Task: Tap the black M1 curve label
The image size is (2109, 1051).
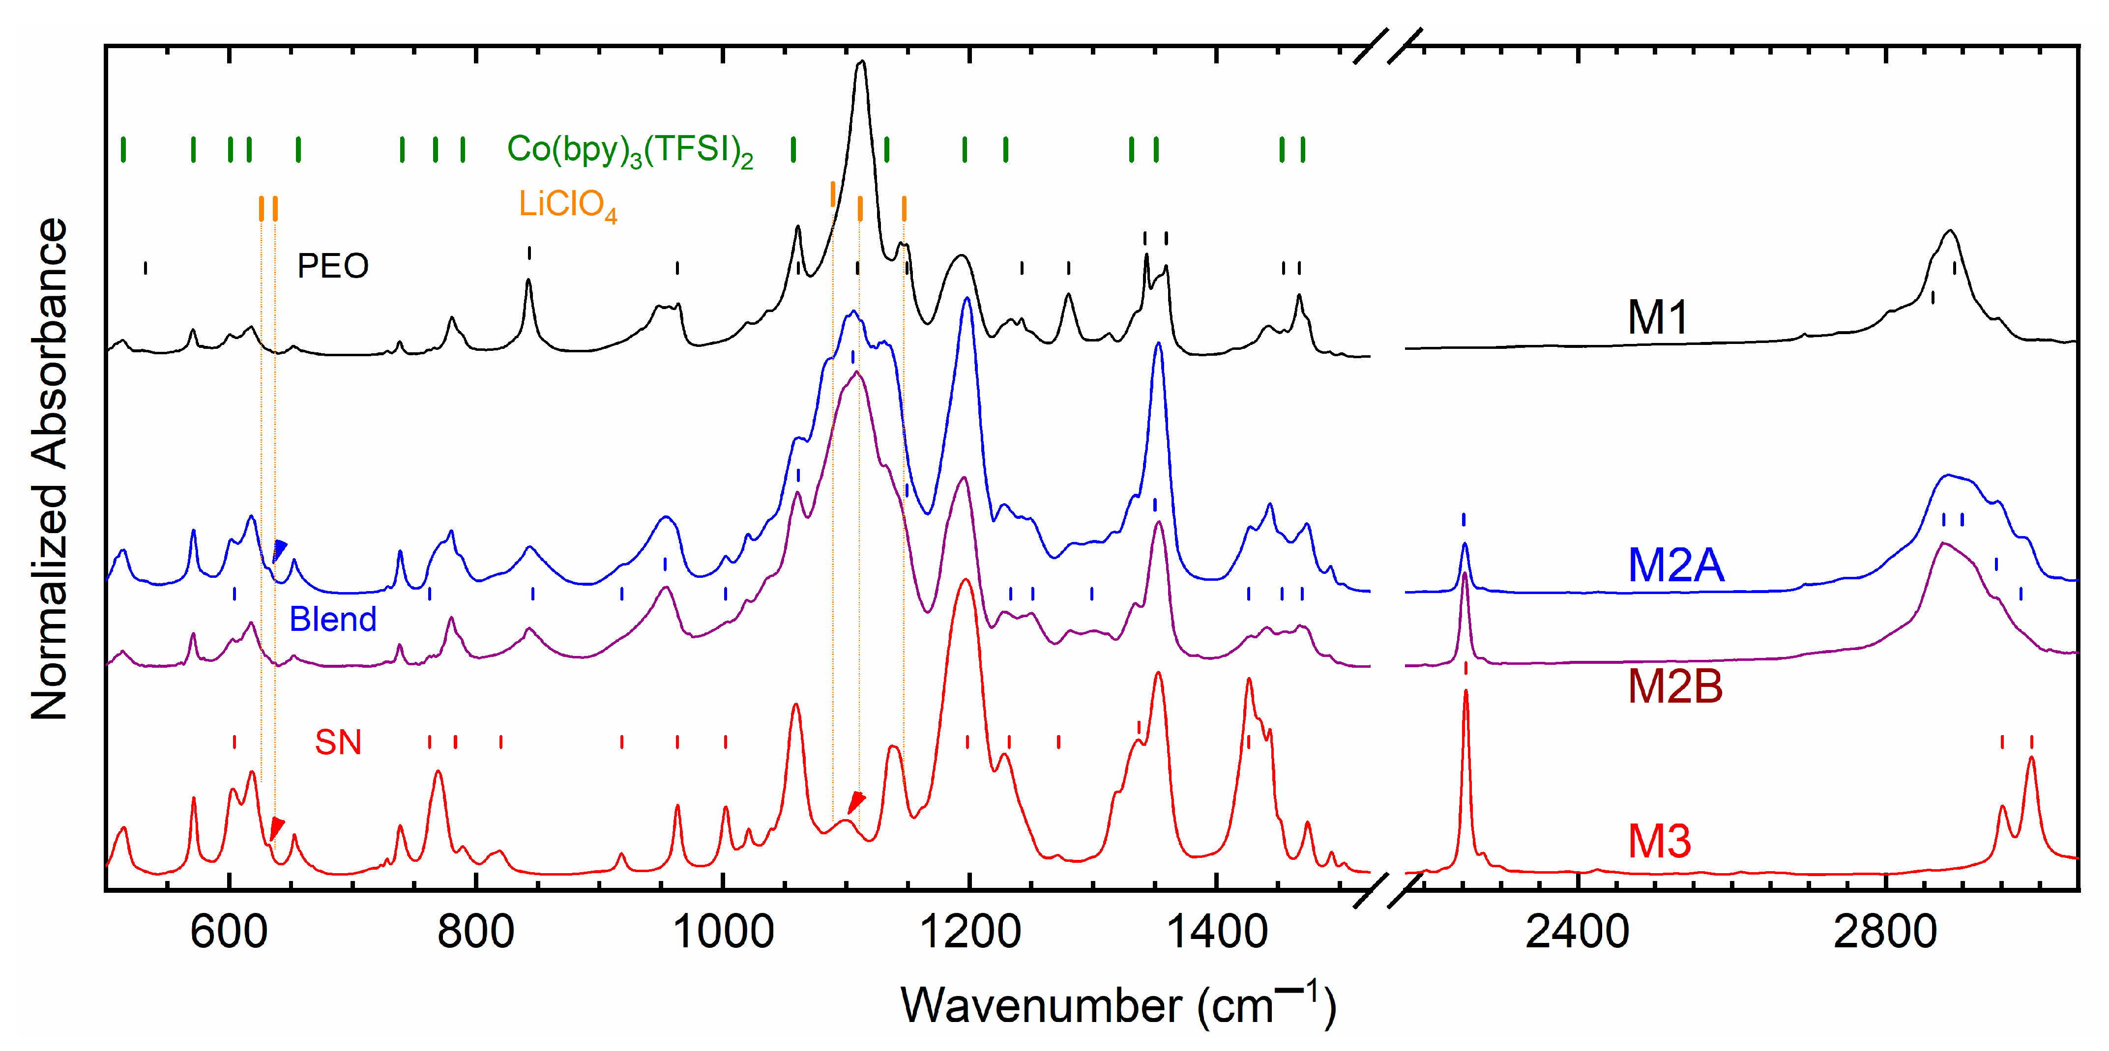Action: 1658,317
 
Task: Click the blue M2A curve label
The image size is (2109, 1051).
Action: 1676,565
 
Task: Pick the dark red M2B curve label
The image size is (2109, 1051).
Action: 1675,686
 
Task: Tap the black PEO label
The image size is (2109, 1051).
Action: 332,266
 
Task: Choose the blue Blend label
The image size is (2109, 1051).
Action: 332,620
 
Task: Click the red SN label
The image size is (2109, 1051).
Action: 338,742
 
